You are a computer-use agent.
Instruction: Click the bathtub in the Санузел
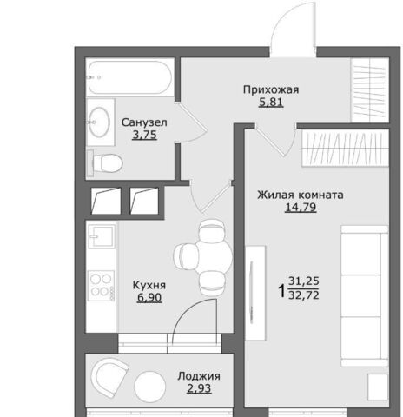130,77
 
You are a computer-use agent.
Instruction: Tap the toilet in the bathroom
105,163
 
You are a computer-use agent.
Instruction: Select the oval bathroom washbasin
99,122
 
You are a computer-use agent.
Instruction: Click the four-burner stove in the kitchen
102,286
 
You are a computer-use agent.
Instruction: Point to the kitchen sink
102,236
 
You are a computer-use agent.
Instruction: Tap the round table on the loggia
150,387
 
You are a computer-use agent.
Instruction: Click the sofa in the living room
365,296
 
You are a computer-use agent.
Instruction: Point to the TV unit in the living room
255,293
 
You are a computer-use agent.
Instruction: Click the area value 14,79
301,208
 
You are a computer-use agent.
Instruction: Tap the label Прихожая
271,89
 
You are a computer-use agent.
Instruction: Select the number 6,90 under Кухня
149,298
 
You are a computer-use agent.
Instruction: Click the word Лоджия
199,376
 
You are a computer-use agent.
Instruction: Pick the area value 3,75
144,135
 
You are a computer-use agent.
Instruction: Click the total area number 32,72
304,295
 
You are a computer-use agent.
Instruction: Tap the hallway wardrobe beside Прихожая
370,90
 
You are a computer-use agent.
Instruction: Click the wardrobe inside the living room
345,148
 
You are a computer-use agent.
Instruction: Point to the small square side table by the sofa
378,387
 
